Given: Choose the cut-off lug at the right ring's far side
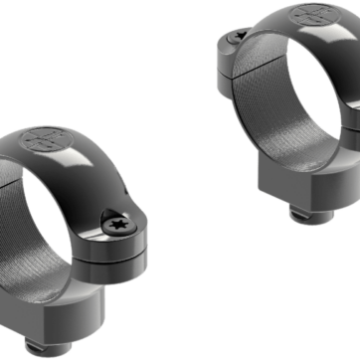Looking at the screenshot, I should pos(353,114).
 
